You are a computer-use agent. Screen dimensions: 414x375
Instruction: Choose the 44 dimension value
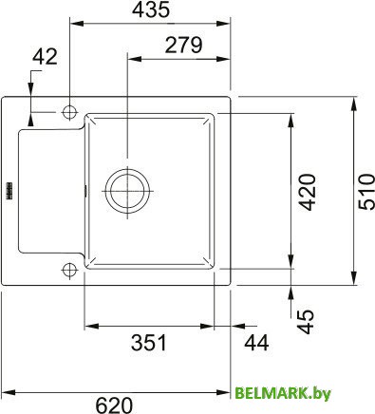(253, 342)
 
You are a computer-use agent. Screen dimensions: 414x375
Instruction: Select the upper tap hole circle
(69, 111)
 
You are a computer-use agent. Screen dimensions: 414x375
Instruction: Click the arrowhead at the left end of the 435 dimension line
(74, 23)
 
